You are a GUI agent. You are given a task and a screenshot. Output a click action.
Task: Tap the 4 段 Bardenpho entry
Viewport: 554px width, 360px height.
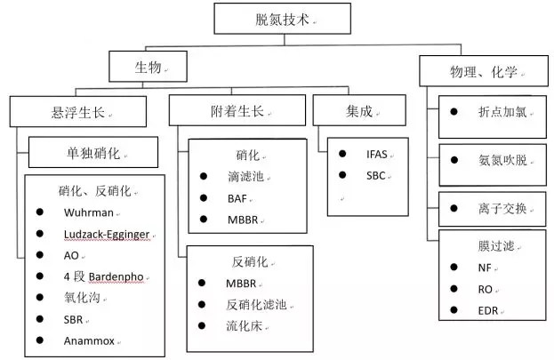[101, 254]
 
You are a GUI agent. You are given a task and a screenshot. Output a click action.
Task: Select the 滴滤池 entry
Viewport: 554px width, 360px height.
[245, 178]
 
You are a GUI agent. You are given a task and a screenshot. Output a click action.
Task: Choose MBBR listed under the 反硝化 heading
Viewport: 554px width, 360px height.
[241, 284]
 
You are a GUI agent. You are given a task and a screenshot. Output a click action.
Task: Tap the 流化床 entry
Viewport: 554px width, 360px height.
[244, 325]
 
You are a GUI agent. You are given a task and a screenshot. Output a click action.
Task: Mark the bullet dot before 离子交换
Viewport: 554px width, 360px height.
[454, 208]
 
